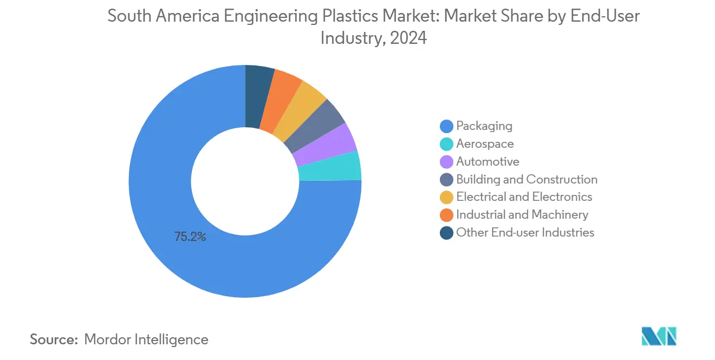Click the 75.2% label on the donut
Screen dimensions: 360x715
(190, 237)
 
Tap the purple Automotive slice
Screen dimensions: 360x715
(324, 145)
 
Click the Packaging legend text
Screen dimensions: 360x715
(484, 126)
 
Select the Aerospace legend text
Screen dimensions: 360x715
(485, 144)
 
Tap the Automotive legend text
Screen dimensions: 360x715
(487, 161)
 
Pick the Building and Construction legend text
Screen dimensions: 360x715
(526, 179)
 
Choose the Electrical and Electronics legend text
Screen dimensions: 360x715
(524, 197)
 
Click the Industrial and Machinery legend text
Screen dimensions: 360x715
(522, 215)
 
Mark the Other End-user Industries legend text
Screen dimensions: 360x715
(525, 233)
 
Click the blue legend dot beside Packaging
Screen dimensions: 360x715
(446, 127)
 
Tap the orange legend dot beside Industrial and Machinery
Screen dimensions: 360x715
(446, 215)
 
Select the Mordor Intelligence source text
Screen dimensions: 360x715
(146, 339)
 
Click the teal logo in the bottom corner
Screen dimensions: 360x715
(659, 336)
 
